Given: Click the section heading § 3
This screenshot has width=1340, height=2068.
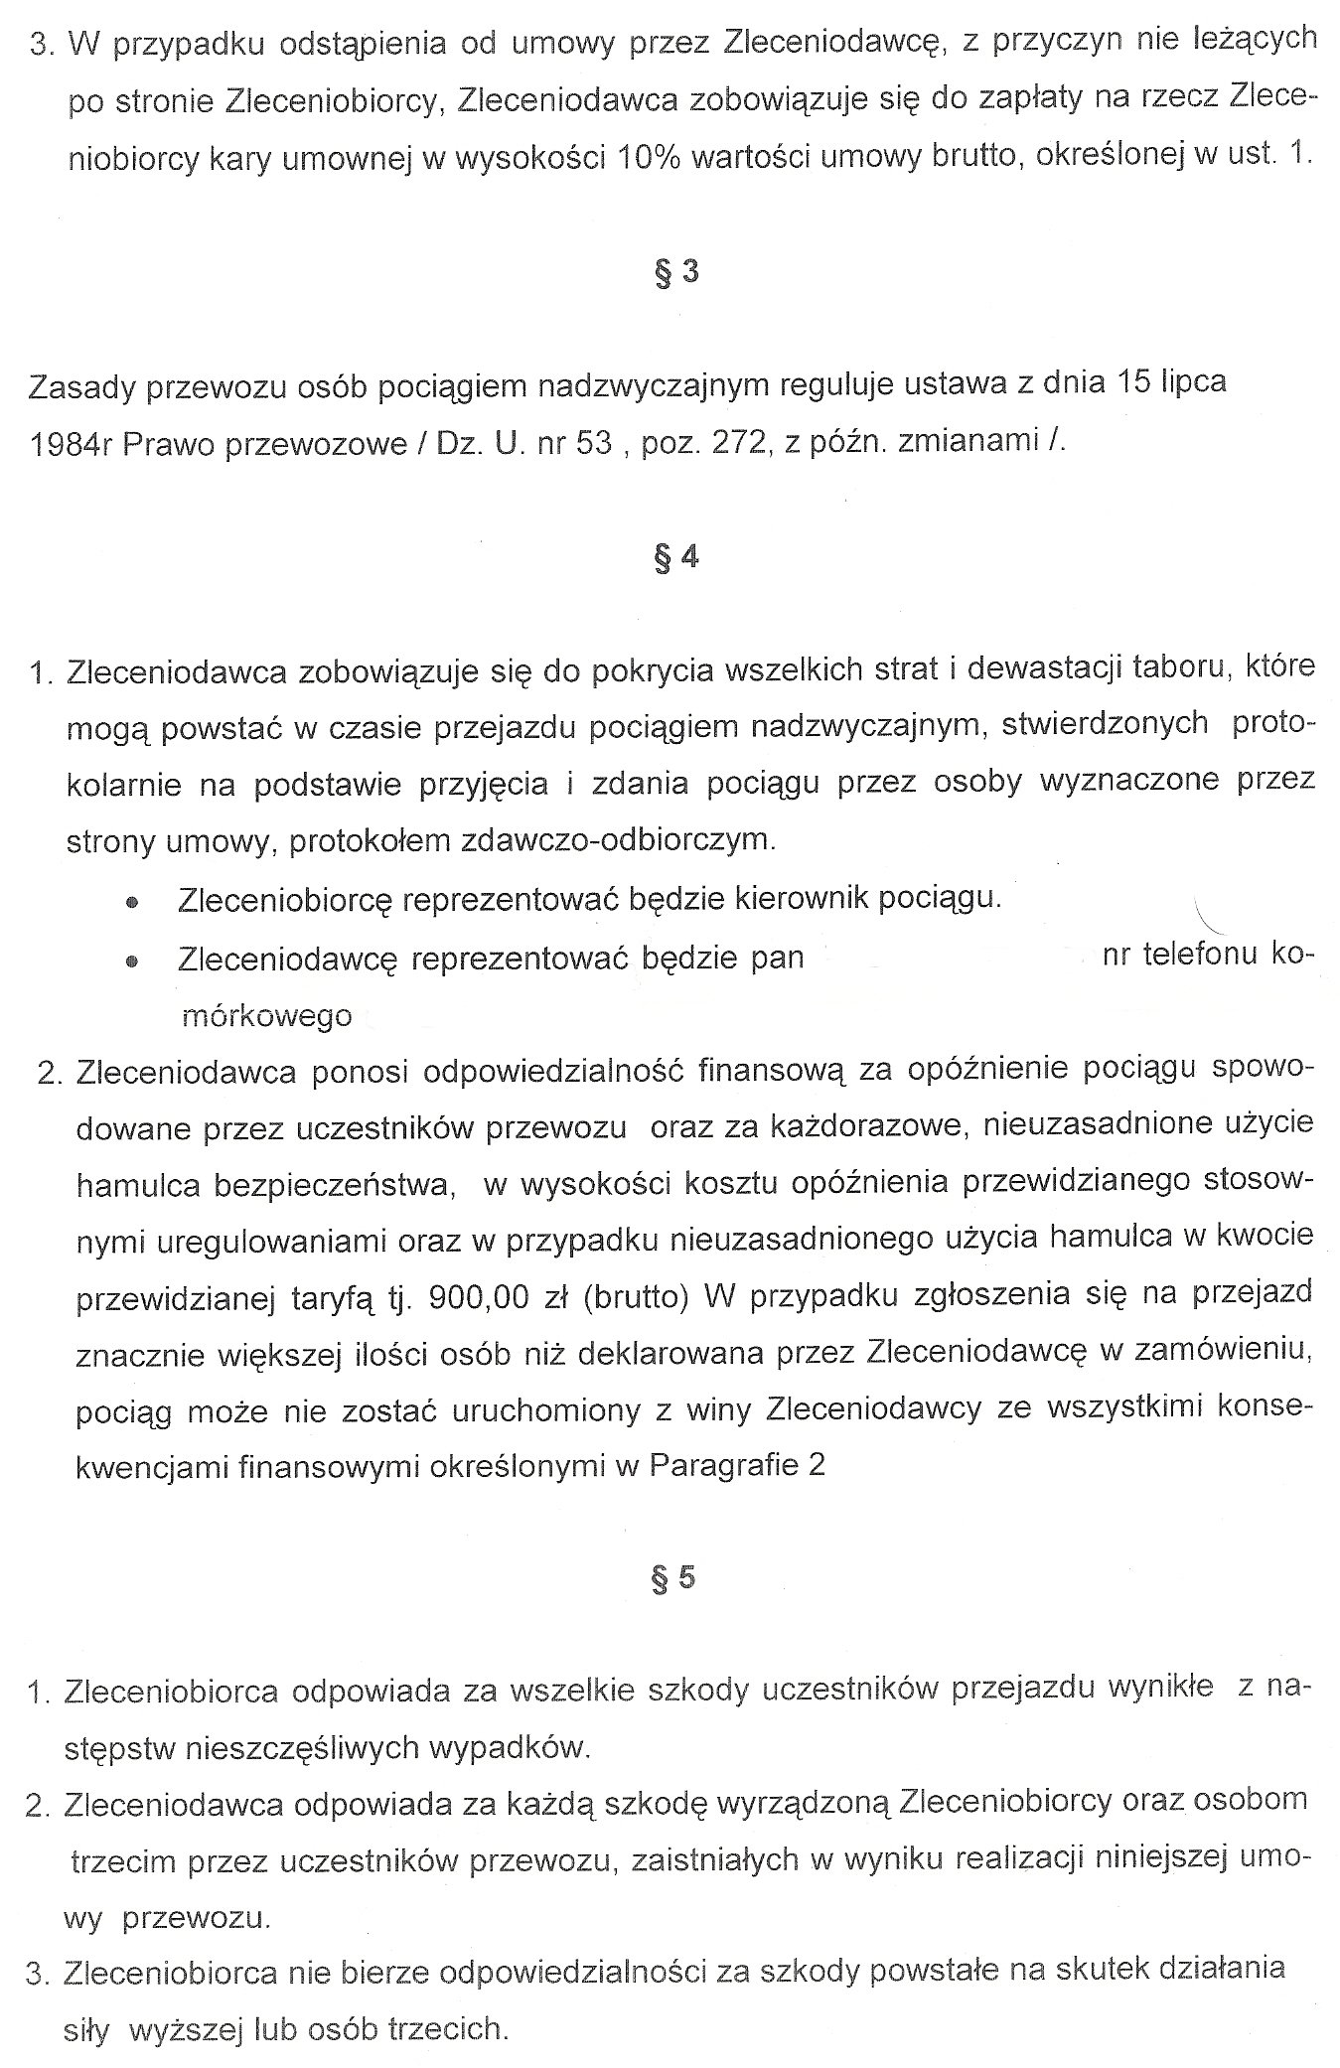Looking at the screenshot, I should point(675,271).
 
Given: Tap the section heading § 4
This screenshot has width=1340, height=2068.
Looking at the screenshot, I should point(675,557).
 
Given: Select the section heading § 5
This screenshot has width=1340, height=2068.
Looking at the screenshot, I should point(674,1578).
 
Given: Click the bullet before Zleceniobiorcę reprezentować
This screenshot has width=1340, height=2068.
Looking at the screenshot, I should point(131,902).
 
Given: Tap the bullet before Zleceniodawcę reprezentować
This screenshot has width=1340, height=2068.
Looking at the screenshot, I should point(131,961).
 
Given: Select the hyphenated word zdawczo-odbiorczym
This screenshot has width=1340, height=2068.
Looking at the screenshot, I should point(616,840).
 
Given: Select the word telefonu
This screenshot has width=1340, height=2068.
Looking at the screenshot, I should point(1203,956).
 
